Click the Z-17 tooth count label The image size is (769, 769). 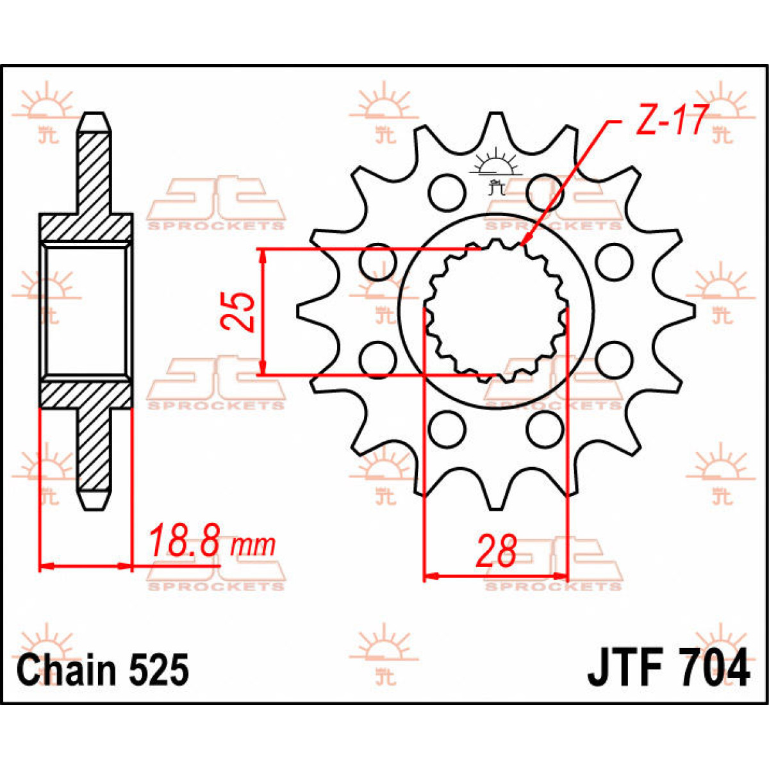point(671,121)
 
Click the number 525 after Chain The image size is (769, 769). point(159,670)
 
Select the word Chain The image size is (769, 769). point(67,670)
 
